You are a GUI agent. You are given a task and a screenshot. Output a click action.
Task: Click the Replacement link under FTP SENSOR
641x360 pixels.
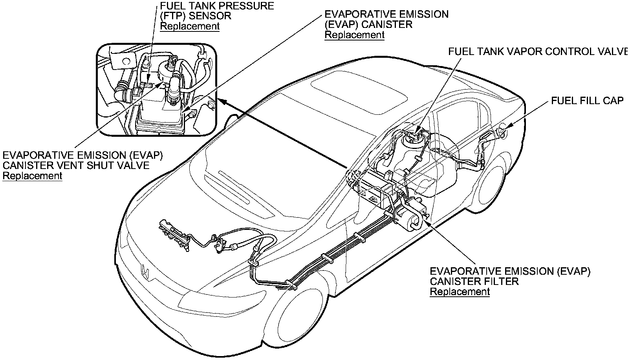[190, 26]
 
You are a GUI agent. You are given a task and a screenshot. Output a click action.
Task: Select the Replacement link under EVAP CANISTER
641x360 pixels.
[354, 35]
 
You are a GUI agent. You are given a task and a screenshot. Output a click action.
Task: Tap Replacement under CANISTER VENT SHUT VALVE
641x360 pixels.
[32, 176]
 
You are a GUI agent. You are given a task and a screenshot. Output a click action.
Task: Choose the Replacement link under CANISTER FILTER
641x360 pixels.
[460, 292]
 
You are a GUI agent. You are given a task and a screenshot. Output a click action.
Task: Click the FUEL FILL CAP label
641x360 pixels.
[587, 101]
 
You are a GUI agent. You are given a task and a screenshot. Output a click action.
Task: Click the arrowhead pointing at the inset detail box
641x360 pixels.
[221, 101]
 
